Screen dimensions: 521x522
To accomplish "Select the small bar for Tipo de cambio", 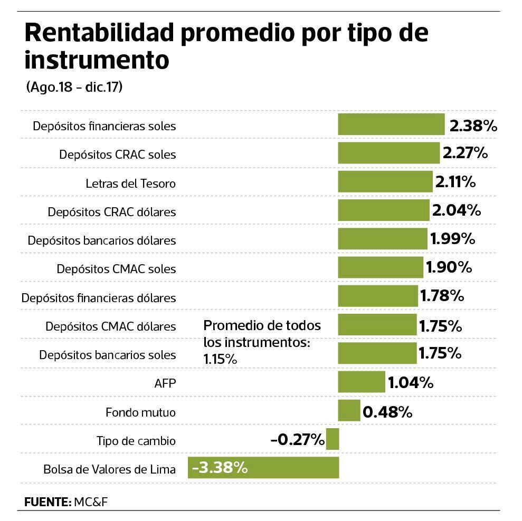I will tap(333, 439).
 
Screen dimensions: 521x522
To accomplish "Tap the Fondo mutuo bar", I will tap(349, 411).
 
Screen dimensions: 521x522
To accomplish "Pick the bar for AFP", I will tap(362, 382).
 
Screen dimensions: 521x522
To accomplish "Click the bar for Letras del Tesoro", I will tap(385, 182).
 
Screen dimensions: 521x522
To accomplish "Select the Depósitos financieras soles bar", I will tap(391, 125).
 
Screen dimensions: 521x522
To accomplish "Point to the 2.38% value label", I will tap(473, 126).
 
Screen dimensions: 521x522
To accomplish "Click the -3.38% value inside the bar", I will tap(220, 468).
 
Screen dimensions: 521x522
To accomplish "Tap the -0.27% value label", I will tap(297, 439).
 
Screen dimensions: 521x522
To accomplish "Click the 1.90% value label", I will tap(448, 268).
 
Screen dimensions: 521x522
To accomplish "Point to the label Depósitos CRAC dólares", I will tap(111, 212).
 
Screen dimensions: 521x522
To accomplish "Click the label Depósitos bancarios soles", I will tap(107, 355).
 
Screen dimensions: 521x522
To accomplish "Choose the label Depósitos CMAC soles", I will tap(116, 269).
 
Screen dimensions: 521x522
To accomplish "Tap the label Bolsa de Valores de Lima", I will tap(109, 469).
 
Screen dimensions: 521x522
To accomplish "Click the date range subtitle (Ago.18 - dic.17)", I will tap(74, 88).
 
